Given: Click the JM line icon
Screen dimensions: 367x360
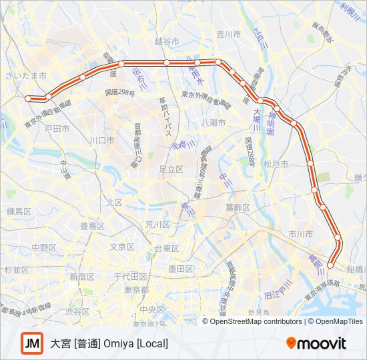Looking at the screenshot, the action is click(31, 343).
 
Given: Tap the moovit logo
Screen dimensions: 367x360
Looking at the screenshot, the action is click(316, 343).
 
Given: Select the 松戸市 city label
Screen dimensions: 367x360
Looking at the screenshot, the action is click(275, 163).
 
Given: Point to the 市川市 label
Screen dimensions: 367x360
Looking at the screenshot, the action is click(300, 234).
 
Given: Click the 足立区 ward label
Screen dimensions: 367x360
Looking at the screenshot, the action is click(171, 169).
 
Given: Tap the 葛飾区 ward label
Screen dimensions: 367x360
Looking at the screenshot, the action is click(238, 207).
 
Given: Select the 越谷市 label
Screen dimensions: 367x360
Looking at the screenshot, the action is click(167, 41).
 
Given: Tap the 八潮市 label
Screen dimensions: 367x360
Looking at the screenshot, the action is click(214, 123).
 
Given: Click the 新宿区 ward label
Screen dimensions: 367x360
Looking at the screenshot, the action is click(81, 276).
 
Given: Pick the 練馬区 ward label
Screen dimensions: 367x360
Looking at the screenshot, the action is click(19, 211).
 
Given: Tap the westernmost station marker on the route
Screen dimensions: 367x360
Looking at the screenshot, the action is click(28, 99).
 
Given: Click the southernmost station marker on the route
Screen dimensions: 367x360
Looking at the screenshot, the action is click(330, 266).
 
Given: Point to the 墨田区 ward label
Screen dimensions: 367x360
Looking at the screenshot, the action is click(180, 269).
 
